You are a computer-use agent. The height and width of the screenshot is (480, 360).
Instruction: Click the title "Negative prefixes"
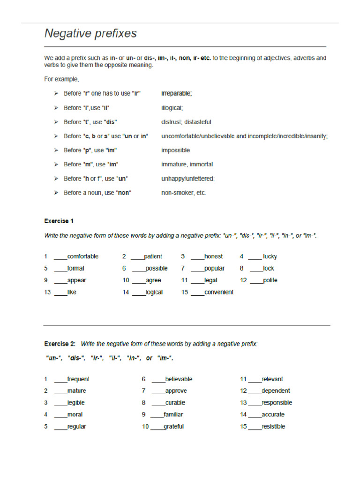tap(90, 34)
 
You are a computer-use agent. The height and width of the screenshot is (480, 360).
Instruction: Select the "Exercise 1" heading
tap(59, 221)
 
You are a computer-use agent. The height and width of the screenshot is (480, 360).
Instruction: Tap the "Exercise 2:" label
tap(60, 344)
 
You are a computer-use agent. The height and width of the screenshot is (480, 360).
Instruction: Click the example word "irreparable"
tap(176, 93)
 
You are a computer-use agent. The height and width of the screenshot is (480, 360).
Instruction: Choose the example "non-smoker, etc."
tap(183, 193)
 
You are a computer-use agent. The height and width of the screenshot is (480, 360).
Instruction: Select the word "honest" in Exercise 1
tap(214, 256)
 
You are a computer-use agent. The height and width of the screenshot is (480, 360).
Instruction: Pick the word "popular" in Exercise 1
tap(214, 269)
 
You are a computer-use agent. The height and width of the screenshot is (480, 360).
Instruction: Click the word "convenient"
tap(219, 292)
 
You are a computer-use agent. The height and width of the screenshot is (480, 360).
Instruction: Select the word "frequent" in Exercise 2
tap(78, 379)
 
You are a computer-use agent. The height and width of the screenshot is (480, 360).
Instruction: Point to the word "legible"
tap(76, 403)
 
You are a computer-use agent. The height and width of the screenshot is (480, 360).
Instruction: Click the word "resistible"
tap(273, 427)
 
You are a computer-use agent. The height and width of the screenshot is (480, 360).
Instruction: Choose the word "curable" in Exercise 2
tap(175, 403)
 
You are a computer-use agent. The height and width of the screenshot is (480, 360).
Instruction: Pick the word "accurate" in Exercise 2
tap(273, 414)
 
